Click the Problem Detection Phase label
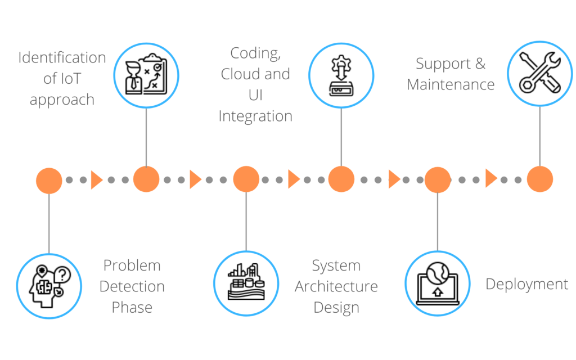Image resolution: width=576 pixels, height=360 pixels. [132, 286]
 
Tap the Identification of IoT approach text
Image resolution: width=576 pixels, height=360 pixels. [62, 79]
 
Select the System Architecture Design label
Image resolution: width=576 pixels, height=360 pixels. [336, 286]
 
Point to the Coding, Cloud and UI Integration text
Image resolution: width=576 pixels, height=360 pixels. [255, 84]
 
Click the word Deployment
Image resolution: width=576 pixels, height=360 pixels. [527, 284]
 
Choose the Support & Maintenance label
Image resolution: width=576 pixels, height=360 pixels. [451, 74]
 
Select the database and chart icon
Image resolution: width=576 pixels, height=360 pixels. [246, 282]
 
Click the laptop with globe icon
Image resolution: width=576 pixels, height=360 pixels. [438, 284]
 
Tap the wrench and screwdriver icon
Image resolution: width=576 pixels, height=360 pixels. [539, 73]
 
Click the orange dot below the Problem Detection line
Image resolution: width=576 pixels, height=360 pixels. [49, 180]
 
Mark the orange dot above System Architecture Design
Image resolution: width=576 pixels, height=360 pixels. [246, 180]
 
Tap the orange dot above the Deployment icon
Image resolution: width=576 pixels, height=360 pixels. [438, 180]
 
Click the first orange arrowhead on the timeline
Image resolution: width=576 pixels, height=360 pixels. [97, 180]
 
